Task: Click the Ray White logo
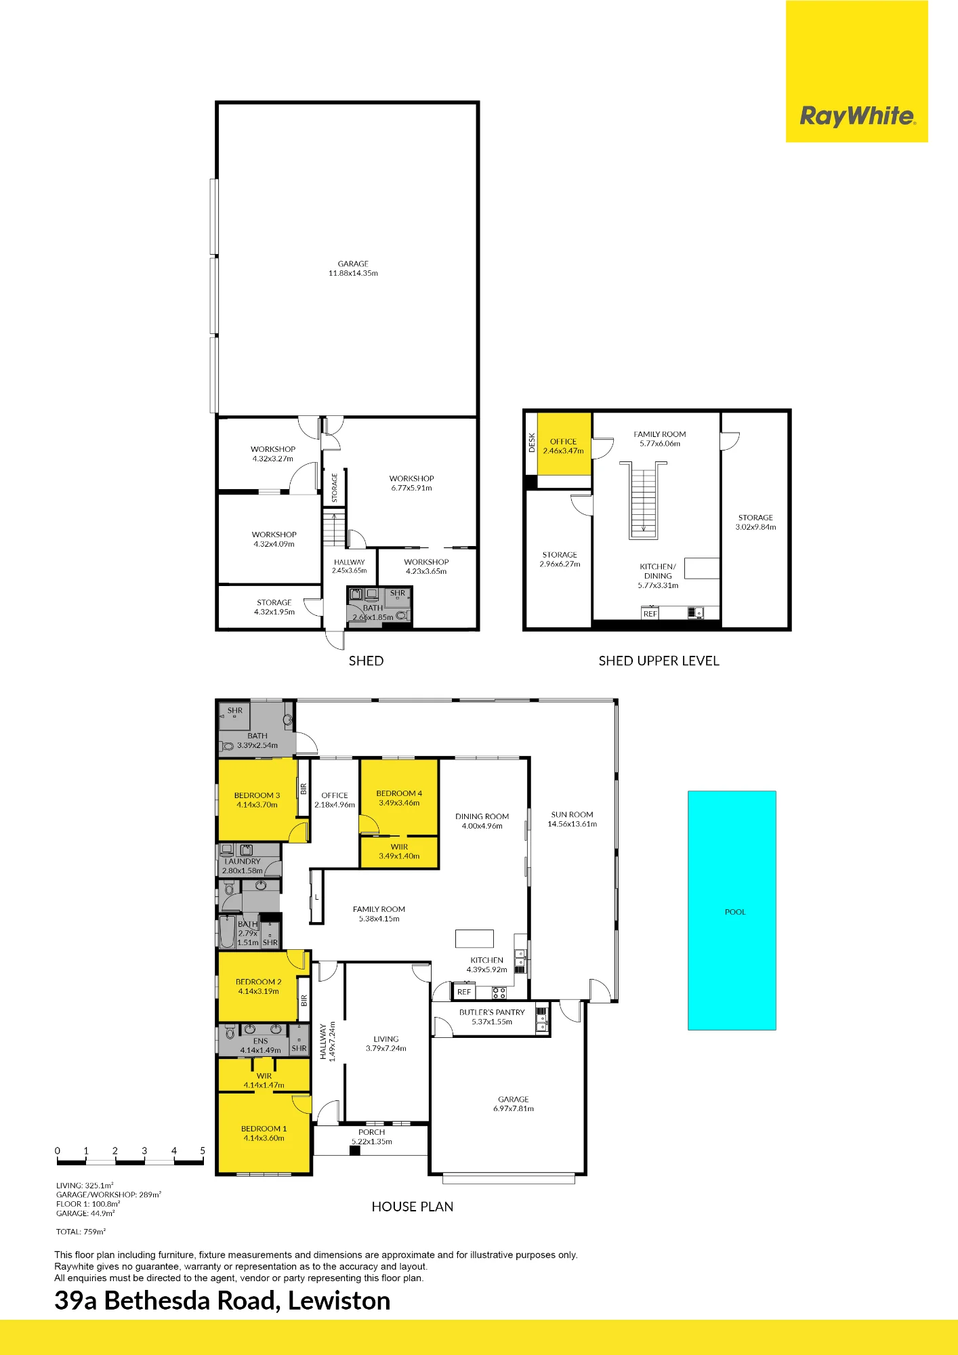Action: [857, 116]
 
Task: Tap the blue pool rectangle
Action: [732, 910]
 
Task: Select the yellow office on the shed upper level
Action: [564, 444]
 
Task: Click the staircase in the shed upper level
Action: [643, 500]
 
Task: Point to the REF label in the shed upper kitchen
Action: [650, 614]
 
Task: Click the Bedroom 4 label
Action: [399, 793]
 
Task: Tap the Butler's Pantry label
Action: [492, 1012]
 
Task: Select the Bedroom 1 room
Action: [264, 1133]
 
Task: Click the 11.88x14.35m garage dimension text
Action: [353, 273]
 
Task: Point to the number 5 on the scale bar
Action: [203, 1150]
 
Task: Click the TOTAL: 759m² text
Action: [81, 1232]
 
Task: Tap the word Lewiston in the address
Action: [339, 1301]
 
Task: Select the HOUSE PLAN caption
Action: [413, 1207]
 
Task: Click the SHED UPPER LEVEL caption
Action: [659, 661]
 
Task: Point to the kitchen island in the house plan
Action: [474, 938]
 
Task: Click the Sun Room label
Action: [572, 814]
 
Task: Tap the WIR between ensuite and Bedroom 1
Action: [264, 1076]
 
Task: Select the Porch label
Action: [371, 1132]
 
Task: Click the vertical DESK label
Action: [532, 443]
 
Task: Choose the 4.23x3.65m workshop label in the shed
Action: [426, 571]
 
